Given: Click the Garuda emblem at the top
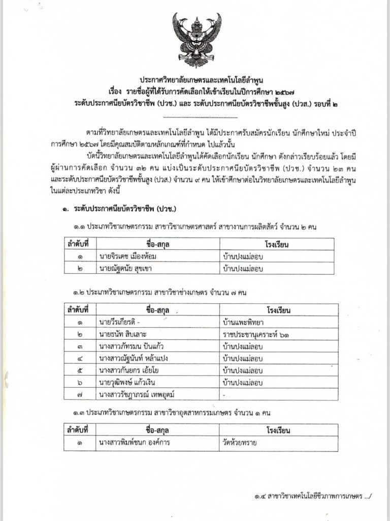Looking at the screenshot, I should (x=194, y=41).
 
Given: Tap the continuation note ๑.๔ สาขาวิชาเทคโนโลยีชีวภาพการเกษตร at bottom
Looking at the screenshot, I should (x=310, y=495).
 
